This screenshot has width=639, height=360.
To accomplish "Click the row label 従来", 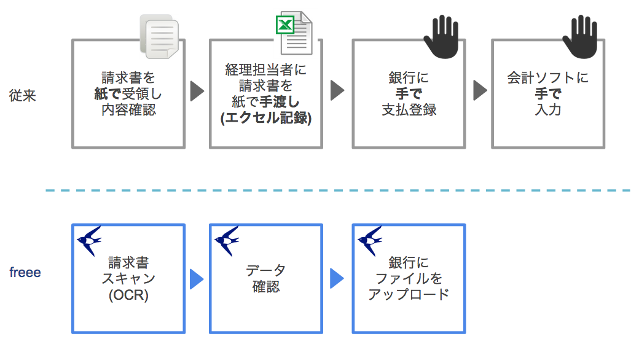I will [x=23, y=96].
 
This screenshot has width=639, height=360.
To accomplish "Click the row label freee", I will [x=25, y=272].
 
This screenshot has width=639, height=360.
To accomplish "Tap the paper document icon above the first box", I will [x=159, y=37].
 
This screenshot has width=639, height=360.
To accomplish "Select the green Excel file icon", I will [x=293, y=34].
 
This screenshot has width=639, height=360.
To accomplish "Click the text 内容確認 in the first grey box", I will [x=128, y=111].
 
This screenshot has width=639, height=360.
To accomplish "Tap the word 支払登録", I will [x=409, y=111].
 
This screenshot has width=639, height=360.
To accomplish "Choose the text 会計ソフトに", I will [x=547, y=79].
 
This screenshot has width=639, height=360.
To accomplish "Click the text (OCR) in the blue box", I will [x=128, y=295].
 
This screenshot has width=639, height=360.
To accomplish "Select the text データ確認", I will [x=265, y=278].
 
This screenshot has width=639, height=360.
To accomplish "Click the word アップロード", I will [x=409, y=294].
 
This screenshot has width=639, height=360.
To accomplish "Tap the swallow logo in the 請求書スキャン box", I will [x=90, y=240].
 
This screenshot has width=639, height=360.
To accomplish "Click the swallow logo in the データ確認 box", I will [x=227, y=240].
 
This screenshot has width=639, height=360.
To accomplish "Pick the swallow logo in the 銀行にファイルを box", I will [x=370, y=240].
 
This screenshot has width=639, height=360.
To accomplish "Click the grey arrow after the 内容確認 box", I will [x=197, y=91].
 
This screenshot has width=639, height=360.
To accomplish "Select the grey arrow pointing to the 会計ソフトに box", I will [x=480, y=91].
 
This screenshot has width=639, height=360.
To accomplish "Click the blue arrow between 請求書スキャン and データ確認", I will [x=197, y=279].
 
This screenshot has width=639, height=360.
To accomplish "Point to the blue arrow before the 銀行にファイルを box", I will [x=337, y=279].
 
